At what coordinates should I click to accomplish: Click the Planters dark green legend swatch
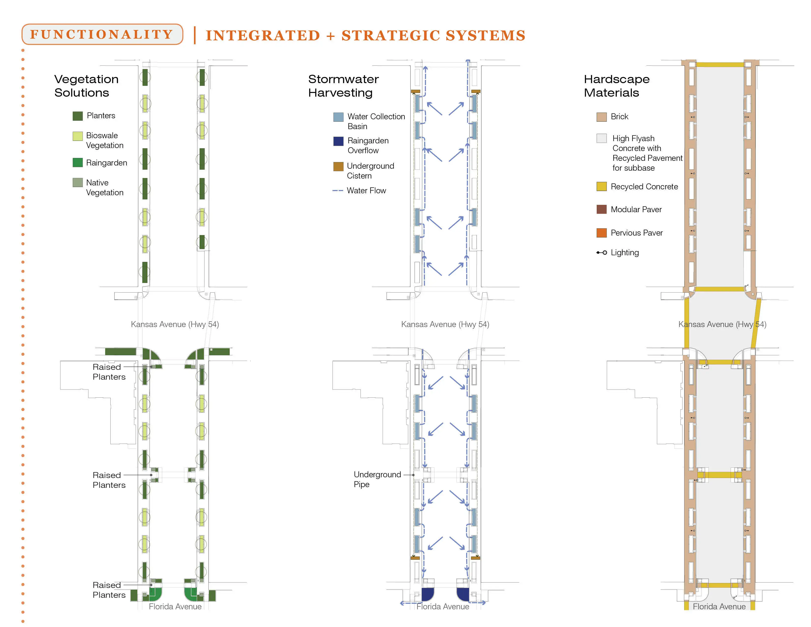(78, 116)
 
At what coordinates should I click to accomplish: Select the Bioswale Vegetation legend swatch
(78, 136)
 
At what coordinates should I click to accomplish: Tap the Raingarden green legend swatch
(78, 163)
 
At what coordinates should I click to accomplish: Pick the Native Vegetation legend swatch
(78, 182)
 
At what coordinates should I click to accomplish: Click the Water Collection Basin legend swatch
(338, 117)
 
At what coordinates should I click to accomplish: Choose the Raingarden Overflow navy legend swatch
(338, 141)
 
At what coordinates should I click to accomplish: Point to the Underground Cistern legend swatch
(338, 166)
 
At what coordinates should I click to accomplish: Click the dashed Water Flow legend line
(337, 191)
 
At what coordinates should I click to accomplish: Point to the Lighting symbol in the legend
(602, 253)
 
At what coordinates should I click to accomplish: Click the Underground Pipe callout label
(377, 479)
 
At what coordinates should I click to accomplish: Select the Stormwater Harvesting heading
(344, 86)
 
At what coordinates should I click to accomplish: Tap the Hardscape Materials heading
(617, 86)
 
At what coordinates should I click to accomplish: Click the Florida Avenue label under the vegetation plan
(175, 606)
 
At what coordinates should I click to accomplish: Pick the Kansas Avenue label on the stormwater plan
(445, 324)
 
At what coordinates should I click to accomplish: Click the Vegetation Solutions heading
(87, 86)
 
